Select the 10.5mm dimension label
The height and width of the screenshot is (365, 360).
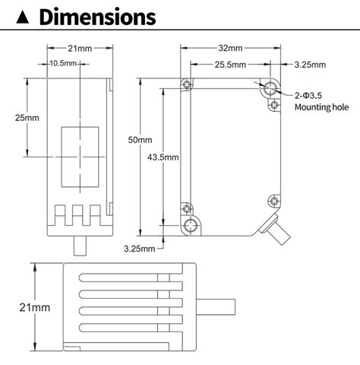64,63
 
